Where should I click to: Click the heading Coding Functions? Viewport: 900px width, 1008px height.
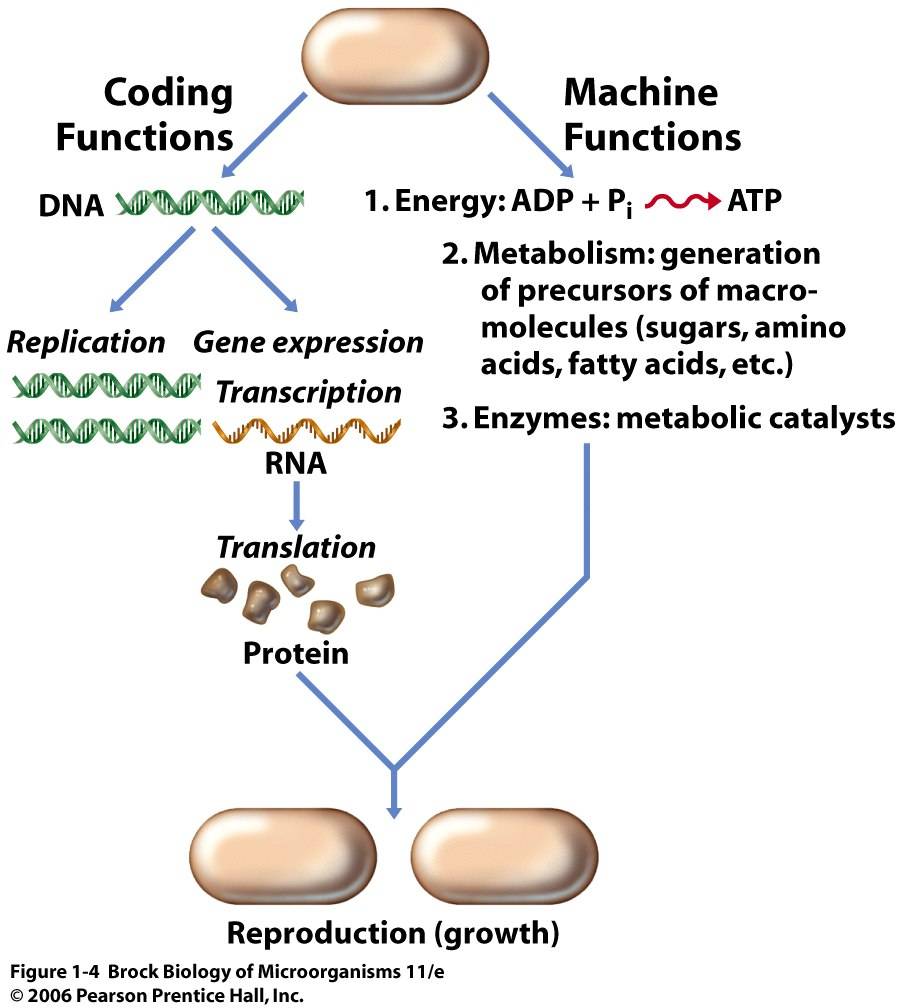(x=144, y=115)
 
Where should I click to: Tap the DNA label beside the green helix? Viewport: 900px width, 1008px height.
(x=80, y=206)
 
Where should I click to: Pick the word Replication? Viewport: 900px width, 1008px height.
(x=86, y=343)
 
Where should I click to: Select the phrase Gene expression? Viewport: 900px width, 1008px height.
(x=308, y=343)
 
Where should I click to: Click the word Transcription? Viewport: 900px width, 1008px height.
(x=308, y=392)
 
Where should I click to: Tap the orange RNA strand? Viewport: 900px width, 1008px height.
(x=308, y=430)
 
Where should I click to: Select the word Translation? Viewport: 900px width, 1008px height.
(x=297, y=547)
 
